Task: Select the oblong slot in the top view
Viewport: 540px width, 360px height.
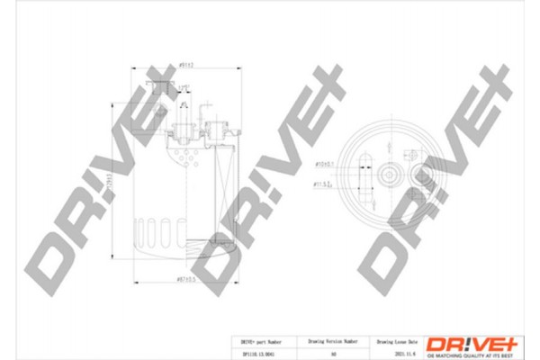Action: pos(366,171)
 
